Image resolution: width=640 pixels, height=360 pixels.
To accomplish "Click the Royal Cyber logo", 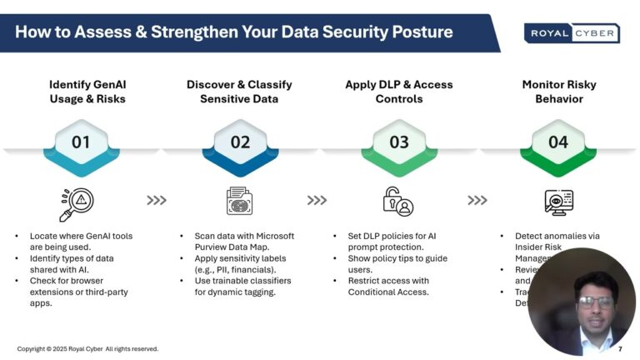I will pyautogui.click(x=571, y=33).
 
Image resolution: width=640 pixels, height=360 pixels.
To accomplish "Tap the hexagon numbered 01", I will pyautogui.click(x=81, y=142).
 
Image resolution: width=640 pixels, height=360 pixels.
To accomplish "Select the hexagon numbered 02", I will pyautogui.click(x=240, y=142).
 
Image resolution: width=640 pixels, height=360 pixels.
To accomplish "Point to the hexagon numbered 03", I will pyautogui.click(x=399, y=142).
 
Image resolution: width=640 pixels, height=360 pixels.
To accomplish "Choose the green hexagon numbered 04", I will pyautogui.click(x=558, y=142).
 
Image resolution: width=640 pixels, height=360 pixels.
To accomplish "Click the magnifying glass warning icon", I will pyautogui.click(x=77, y=202).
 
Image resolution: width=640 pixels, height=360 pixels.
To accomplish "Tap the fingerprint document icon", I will pyautogui.click(x=240, y=201).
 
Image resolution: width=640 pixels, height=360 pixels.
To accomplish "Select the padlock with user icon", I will pyautogui.click(x=397, y=201).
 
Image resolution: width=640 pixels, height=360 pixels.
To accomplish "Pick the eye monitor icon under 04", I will pyautogui.click(x=557, y=201).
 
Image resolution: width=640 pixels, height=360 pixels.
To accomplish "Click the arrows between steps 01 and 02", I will pyautogui.click(x=157, y=201).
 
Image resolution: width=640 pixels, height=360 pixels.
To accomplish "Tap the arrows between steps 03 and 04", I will pyautogui.click(x=477, y=201).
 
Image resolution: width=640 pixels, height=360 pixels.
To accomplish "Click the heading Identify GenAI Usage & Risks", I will pyautogui.click(x=87, y=92).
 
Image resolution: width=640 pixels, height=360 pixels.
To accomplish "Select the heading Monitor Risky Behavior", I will pyautogui.click(x=558, y=92).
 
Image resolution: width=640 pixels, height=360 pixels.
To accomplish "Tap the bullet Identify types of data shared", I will pyautogui.click(x=76, y=264).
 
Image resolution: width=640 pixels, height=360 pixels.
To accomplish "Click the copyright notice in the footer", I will pyautogui.click(x=87, y=349).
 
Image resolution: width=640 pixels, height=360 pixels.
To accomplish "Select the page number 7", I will pyautogui.click(x=620, y=349).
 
